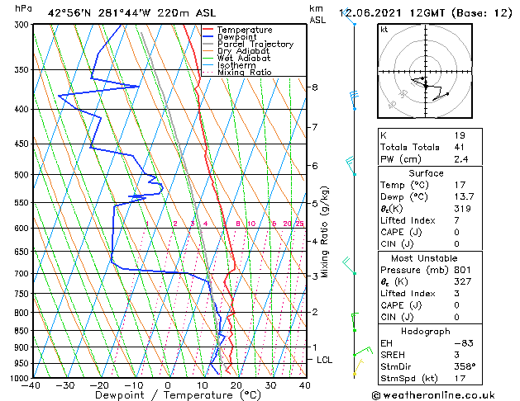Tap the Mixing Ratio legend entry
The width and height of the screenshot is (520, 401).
[245, 73]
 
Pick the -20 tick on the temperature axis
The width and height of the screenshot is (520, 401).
[99, 385]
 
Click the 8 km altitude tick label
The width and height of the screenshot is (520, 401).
[315, 87]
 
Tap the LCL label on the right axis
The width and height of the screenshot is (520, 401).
[325, 360]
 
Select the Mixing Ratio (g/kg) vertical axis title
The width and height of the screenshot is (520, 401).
[325, 232]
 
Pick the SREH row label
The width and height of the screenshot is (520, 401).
[394, 355]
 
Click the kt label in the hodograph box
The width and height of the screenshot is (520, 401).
[384, 30]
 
